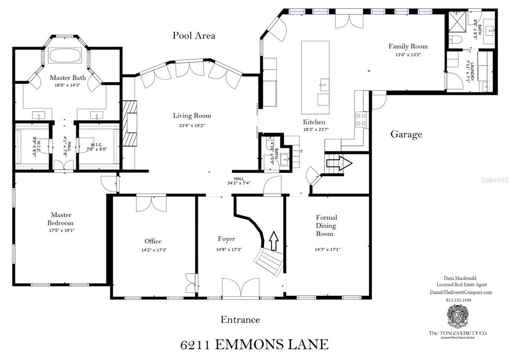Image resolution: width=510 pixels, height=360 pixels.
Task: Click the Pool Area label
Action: (194, 35)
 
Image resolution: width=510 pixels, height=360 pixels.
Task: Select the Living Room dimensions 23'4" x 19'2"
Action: (189, 125)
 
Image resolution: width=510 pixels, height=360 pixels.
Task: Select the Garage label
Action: (406, 134)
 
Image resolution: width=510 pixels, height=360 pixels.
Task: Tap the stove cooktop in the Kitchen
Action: (361, 119)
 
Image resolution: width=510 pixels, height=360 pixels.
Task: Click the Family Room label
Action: (408, 46)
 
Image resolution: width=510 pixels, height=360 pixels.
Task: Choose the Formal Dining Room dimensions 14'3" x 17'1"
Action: (326, 249)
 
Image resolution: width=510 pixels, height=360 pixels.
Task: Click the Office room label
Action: (153, 241)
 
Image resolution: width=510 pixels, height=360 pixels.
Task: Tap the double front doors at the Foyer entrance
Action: (240, 289)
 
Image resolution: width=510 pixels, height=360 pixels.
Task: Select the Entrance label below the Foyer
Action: (240, 320)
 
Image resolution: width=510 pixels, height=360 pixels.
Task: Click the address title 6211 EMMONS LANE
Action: (254, 344)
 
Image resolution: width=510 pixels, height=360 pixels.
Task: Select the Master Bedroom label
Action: (61, 219)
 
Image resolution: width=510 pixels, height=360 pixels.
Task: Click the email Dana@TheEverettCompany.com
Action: (461, 293)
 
